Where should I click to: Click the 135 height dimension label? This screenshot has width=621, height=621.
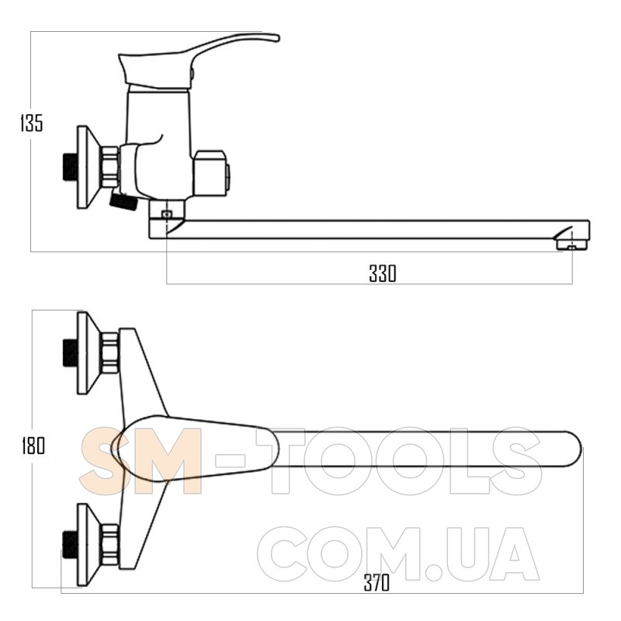click(x=32, y=123)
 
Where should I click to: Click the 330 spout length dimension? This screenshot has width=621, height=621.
click(x=382, y=273)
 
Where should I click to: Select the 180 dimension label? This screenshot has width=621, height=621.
click(x=33, y=446)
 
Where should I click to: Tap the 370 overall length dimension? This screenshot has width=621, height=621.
click(x=376, y=583)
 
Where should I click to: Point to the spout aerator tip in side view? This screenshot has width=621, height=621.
click(x=571, y=246)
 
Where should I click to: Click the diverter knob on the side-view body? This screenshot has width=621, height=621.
click(x=212, y=173)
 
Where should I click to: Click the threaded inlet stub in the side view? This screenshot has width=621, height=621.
click(x=70, y=167)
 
